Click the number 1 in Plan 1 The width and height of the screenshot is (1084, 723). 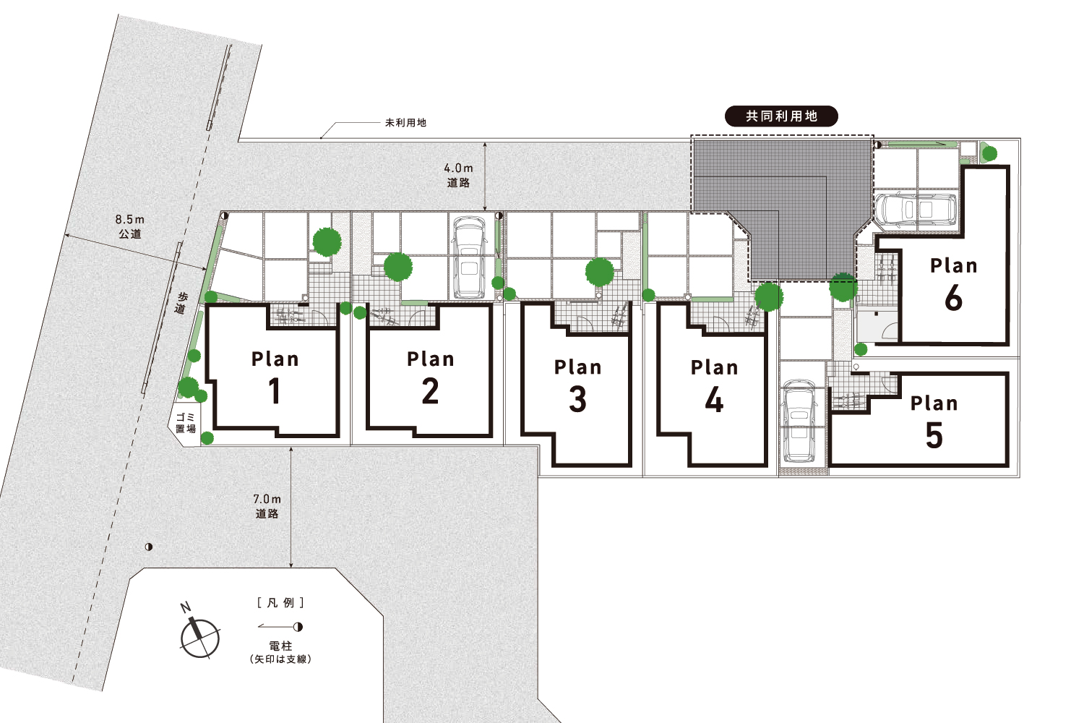275,391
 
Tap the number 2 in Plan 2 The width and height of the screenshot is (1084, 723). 430,391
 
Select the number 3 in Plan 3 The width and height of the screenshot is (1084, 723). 578,399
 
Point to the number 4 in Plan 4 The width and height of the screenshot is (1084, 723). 714,400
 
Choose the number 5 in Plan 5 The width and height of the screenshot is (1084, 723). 934,435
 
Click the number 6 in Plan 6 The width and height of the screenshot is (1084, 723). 953,297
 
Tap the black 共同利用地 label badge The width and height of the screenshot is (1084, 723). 781,116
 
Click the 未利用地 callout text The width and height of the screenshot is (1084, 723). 405,123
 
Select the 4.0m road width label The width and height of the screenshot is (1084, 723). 458,175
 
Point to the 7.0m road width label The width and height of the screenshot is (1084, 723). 267,506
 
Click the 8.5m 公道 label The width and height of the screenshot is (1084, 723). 129,226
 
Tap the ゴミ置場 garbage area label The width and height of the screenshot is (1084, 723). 185,423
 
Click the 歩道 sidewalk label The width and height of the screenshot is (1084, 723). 181,303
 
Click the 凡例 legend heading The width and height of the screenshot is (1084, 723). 280,603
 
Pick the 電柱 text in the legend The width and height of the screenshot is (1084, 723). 280,646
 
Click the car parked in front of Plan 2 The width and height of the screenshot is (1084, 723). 468,257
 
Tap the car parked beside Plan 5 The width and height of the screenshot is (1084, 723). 800,420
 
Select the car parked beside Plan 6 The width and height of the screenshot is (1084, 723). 916,210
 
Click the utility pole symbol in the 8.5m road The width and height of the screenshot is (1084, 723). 149,547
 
